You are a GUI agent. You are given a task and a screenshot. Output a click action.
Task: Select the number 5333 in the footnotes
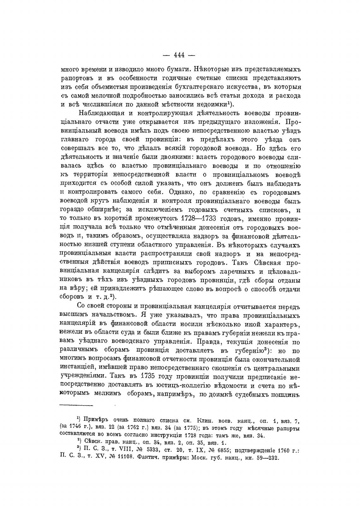click(x=162, y=451)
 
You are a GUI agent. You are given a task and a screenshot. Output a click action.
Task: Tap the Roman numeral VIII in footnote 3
click(x=135, y=451)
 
